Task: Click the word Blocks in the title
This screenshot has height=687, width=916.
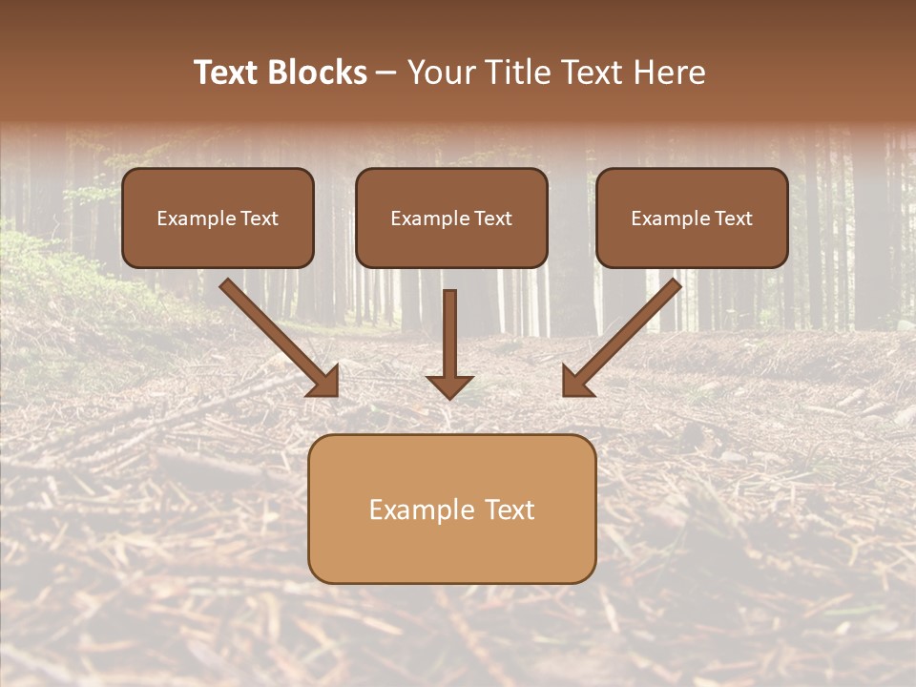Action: pos(317,73)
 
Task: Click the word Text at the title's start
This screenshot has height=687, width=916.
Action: pos(226,73)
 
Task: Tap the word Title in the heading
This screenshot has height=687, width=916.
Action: pos(515,73)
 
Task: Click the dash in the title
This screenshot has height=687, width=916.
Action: pos(386,73)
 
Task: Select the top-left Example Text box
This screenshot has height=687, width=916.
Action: pos(218,218)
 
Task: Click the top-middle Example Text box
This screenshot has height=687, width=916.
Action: pos(451,218)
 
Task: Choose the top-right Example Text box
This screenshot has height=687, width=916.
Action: pos(692,218)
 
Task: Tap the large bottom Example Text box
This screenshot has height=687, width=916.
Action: pos(451,509)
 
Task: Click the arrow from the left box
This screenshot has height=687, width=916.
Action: pos(277,335)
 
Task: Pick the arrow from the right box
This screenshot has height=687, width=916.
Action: pos(625,335)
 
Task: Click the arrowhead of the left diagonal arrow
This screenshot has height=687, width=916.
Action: pos(324,382)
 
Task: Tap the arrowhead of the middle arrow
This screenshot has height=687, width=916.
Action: pos(449,386)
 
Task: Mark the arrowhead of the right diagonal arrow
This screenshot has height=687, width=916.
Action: pos(577,382)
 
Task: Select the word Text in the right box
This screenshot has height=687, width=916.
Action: pos(733,219)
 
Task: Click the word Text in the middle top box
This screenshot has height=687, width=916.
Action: pos(492,219)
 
